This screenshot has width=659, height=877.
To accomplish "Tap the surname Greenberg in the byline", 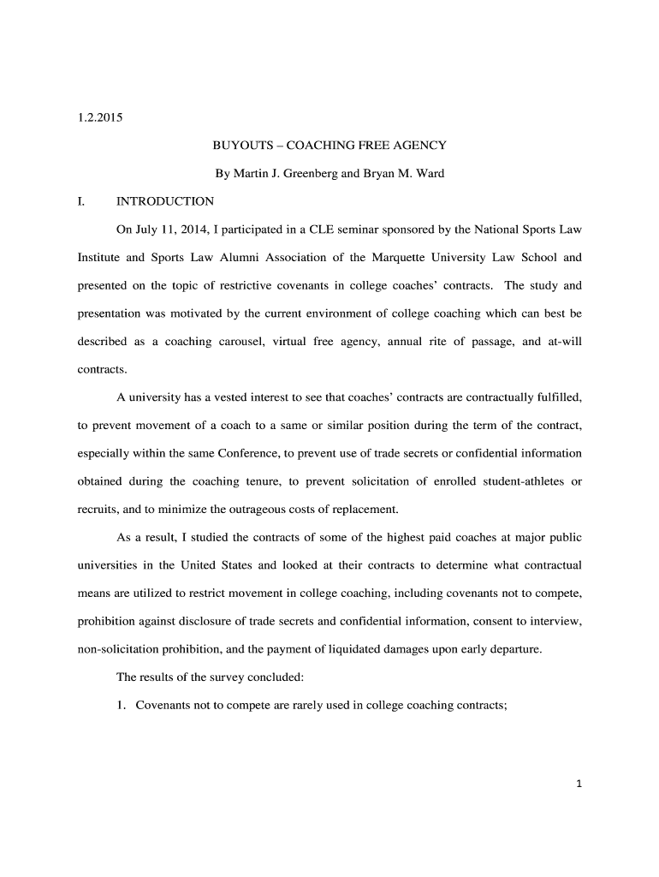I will coord(306,174).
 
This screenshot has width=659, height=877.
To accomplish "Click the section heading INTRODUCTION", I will coord(165,202).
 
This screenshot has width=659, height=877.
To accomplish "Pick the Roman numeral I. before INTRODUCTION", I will coord(80,202).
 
